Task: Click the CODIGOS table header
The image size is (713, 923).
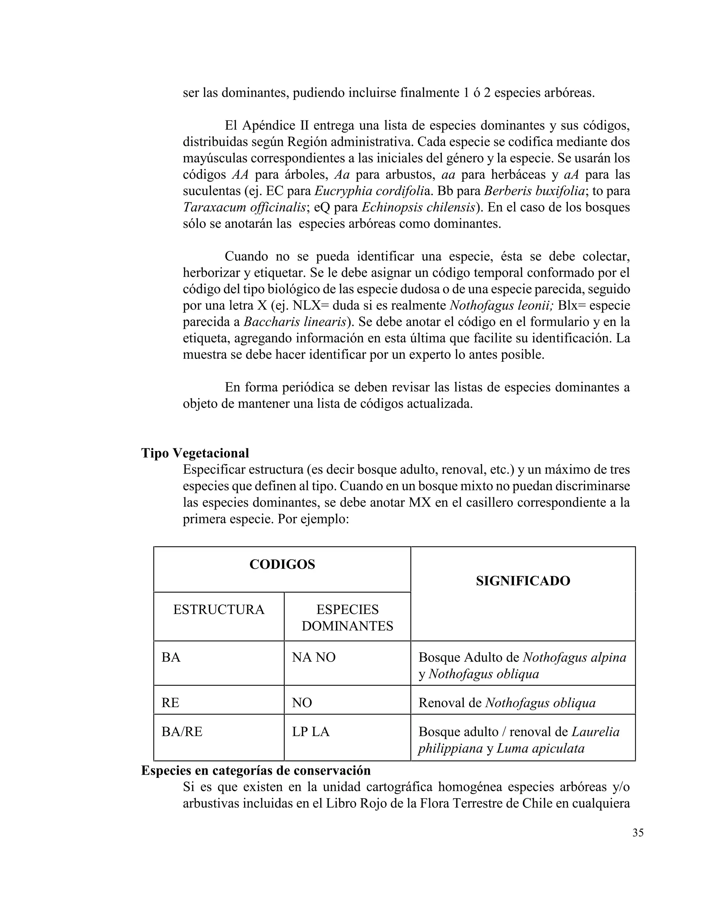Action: pos(282,565)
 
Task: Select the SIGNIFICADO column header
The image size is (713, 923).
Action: pos(523,581)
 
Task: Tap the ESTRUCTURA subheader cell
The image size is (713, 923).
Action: pos(218,610)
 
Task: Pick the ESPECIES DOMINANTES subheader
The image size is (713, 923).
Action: pos(347,618)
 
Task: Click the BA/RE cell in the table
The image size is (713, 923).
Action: pos(182,731)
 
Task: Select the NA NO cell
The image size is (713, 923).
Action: pos(313,657)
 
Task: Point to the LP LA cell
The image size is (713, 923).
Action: pos(311,731)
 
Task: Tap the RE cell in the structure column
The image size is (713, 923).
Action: pos(170,703)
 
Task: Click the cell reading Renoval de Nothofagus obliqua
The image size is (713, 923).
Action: pos(507,703)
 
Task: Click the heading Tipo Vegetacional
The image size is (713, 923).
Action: pos(195,453)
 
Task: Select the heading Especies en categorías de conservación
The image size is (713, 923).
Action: pos(256,770)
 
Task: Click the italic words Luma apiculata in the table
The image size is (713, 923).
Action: pos(540,749)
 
